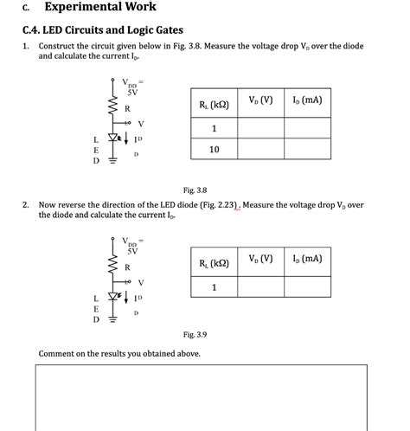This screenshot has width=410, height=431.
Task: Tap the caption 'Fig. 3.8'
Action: click(x=195, y=190)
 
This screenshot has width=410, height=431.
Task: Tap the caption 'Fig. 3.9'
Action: click(x=195, y=334)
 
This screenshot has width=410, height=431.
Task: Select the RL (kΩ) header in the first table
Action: click(x=214, y=104)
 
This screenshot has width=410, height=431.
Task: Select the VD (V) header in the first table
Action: click(x=260, y=101)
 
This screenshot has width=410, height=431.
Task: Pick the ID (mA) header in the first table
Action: click(x=307, y=101)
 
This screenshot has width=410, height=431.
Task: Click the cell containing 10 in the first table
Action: click(x=214, y=150)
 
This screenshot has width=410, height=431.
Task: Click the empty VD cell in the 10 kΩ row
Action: click(x=260, y=150)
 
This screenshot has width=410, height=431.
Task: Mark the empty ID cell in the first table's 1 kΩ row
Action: click(x=307, y=129)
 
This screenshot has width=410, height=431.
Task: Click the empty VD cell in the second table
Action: click(x=260, y=287)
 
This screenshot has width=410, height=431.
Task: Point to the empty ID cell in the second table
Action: click(x=307, y=287)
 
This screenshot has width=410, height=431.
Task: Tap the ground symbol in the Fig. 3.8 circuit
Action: click(x=112, y=159)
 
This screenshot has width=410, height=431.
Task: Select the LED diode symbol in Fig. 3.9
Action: click(x=112, y=297)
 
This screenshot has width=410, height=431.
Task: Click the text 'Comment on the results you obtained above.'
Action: click(x=119, y=354)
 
